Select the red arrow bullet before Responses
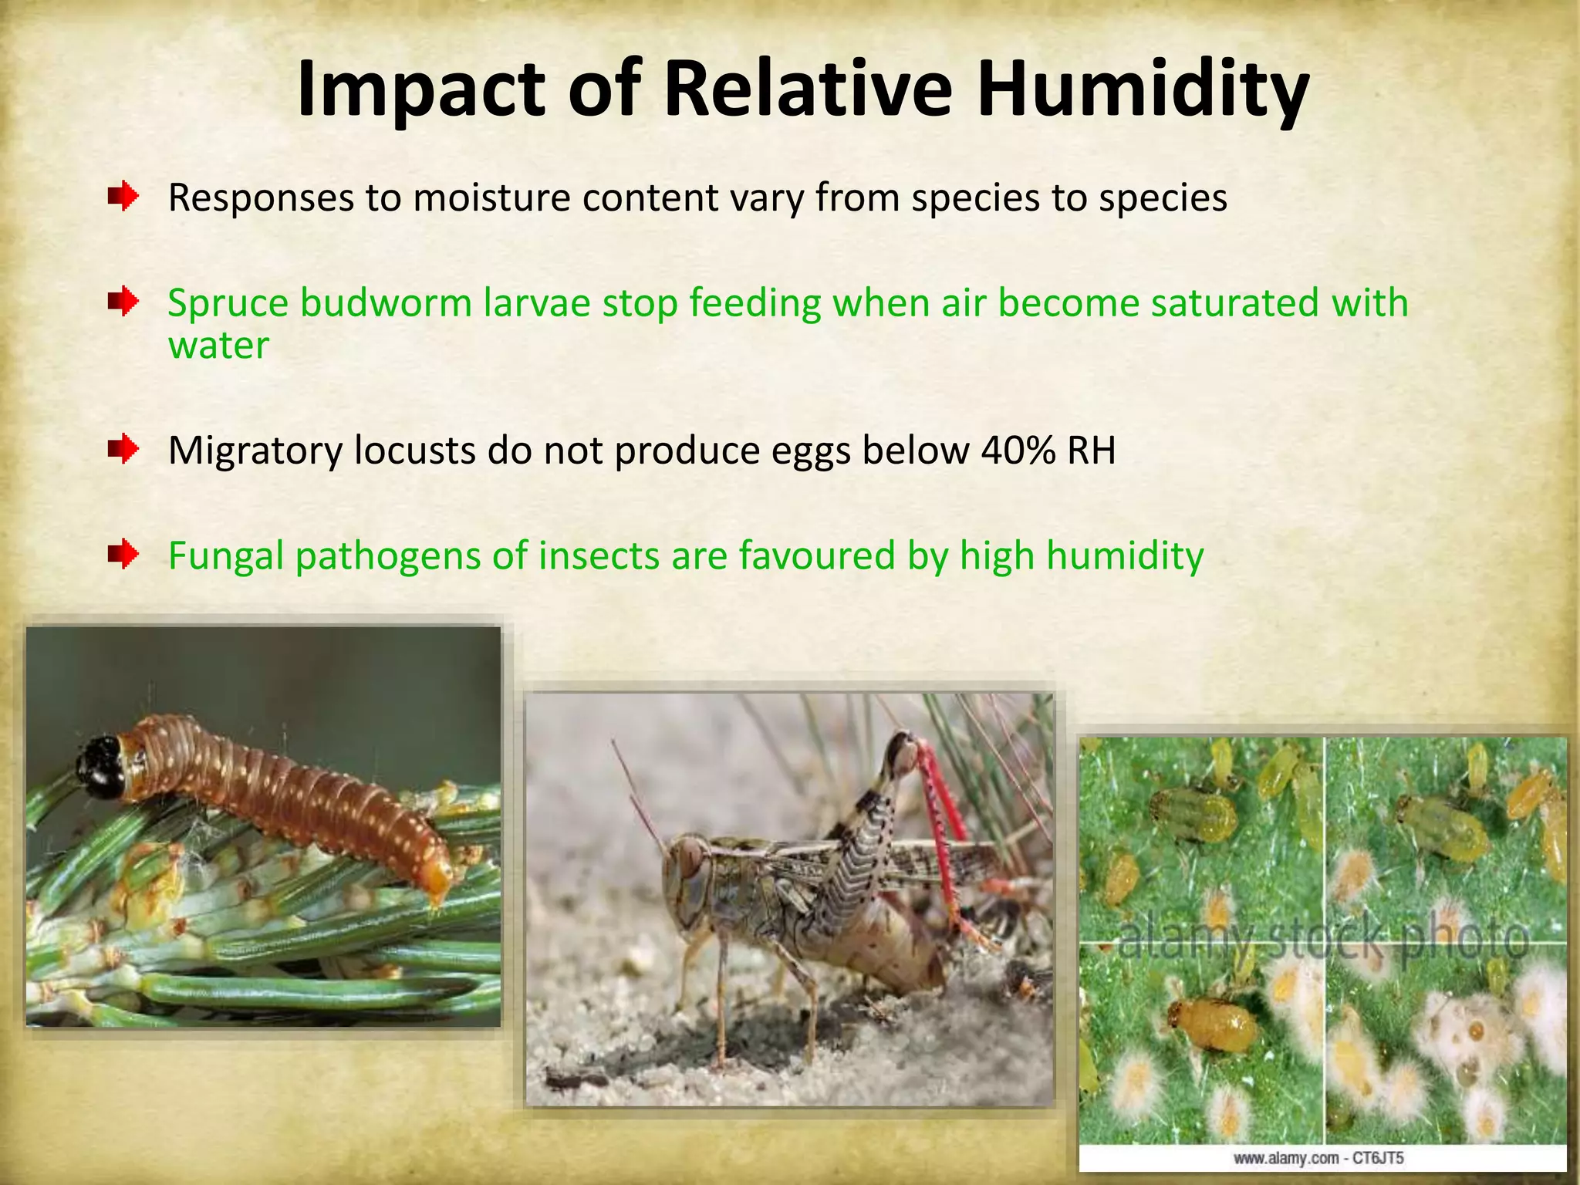(123, 197)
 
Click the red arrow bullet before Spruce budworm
(123, 302)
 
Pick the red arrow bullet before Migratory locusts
(123, 449)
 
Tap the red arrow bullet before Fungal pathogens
(123, 554)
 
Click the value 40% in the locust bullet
(1018, 450)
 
